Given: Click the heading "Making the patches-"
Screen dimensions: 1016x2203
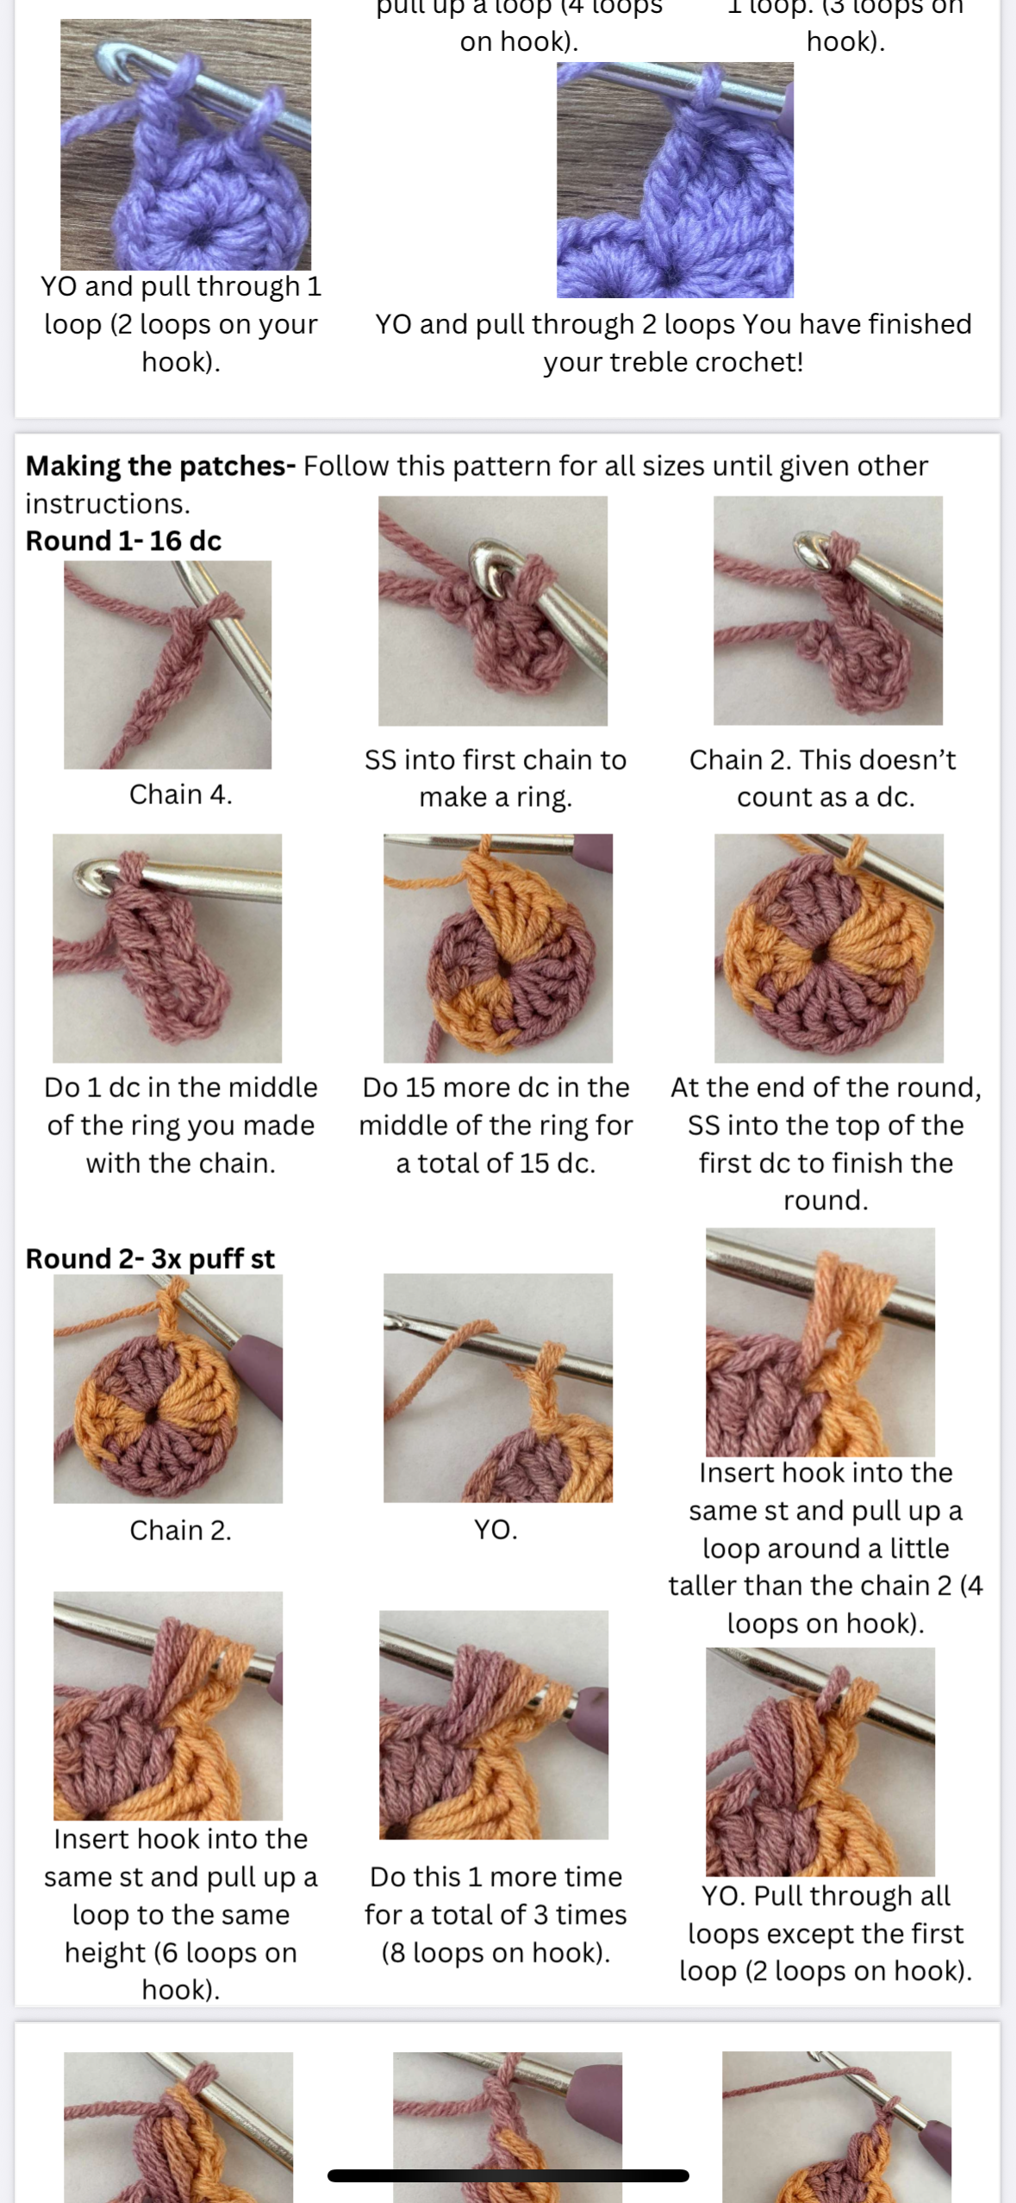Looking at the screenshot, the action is point(160,466).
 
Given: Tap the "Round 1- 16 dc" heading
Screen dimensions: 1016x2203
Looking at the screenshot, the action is point(123,540).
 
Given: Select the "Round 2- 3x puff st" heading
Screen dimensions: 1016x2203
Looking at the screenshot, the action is point(150,1258).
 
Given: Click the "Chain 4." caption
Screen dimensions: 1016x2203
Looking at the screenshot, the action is point(181,794).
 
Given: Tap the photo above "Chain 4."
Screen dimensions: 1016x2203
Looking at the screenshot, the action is point(167,665).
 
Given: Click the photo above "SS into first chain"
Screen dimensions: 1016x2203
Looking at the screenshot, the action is point(493,611).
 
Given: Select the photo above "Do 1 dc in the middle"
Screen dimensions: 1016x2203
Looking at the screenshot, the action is point(167,948).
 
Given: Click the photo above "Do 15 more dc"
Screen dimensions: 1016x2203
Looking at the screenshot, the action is point(498,948).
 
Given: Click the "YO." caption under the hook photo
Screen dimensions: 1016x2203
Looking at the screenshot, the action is point(496,1530).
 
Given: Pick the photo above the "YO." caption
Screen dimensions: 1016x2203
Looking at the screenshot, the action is point(498,1388).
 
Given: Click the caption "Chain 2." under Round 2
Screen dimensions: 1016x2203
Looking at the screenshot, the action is point(180,1530).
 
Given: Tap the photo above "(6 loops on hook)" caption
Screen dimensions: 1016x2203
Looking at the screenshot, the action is point(168,1706).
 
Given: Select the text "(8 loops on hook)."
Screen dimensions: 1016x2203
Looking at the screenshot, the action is point(496,1952).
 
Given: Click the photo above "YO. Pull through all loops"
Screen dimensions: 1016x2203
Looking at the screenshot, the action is point(820,1762).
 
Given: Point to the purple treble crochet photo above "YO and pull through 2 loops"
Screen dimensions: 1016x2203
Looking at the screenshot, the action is point(675,180).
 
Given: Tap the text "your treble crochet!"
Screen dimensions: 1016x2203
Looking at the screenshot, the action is point(673,362).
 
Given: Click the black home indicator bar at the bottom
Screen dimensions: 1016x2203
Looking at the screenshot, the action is point(508,2175).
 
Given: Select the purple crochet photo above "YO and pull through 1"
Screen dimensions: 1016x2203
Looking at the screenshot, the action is point(185,145).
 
